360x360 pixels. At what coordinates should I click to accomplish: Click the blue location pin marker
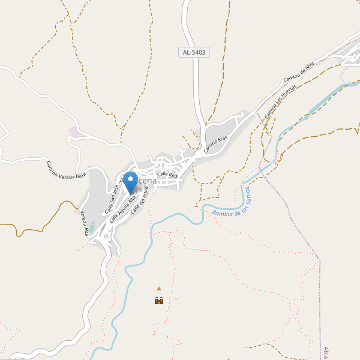tap(130, 181)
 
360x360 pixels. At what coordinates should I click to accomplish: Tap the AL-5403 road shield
tap(194, 52)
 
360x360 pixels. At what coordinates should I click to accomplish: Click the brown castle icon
tap(159, 300)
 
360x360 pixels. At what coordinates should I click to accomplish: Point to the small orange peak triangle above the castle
tap(159, 289)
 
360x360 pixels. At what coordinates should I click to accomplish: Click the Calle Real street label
tap(168, 174)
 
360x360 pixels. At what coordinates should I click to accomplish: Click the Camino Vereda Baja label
tap(66, 170)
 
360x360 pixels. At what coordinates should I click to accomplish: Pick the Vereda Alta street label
tap(86, 223)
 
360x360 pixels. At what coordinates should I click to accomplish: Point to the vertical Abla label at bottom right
tap(326, 352)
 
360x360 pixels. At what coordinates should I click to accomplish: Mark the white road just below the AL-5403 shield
tap(196, 78)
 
